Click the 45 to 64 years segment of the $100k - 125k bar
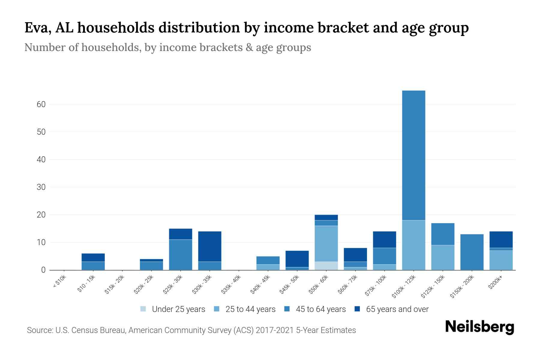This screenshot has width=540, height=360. (x=413, y=155)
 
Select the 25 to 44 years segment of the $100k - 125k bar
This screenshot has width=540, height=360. (x=413, y=245)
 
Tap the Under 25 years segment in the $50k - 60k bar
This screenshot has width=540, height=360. (x=326, y=266)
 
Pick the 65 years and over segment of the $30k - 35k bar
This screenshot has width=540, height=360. (x=210, y=246)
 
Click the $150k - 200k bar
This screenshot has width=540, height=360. (x=472, y=252)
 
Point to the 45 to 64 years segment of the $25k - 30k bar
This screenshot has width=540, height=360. (x=181, y=255)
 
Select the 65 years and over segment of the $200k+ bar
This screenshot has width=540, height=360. (x=501, y=239)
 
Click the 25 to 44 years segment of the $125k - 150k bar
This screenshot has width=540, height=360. (x=442, y=257)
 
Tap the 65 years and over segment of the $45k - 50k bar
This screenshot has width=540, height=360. (x=297, y=259)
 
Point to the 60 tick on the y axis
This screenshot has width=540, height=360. (x=41, y=104)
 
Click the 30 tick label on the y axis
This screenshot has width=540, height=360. (x=41, y=187)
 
